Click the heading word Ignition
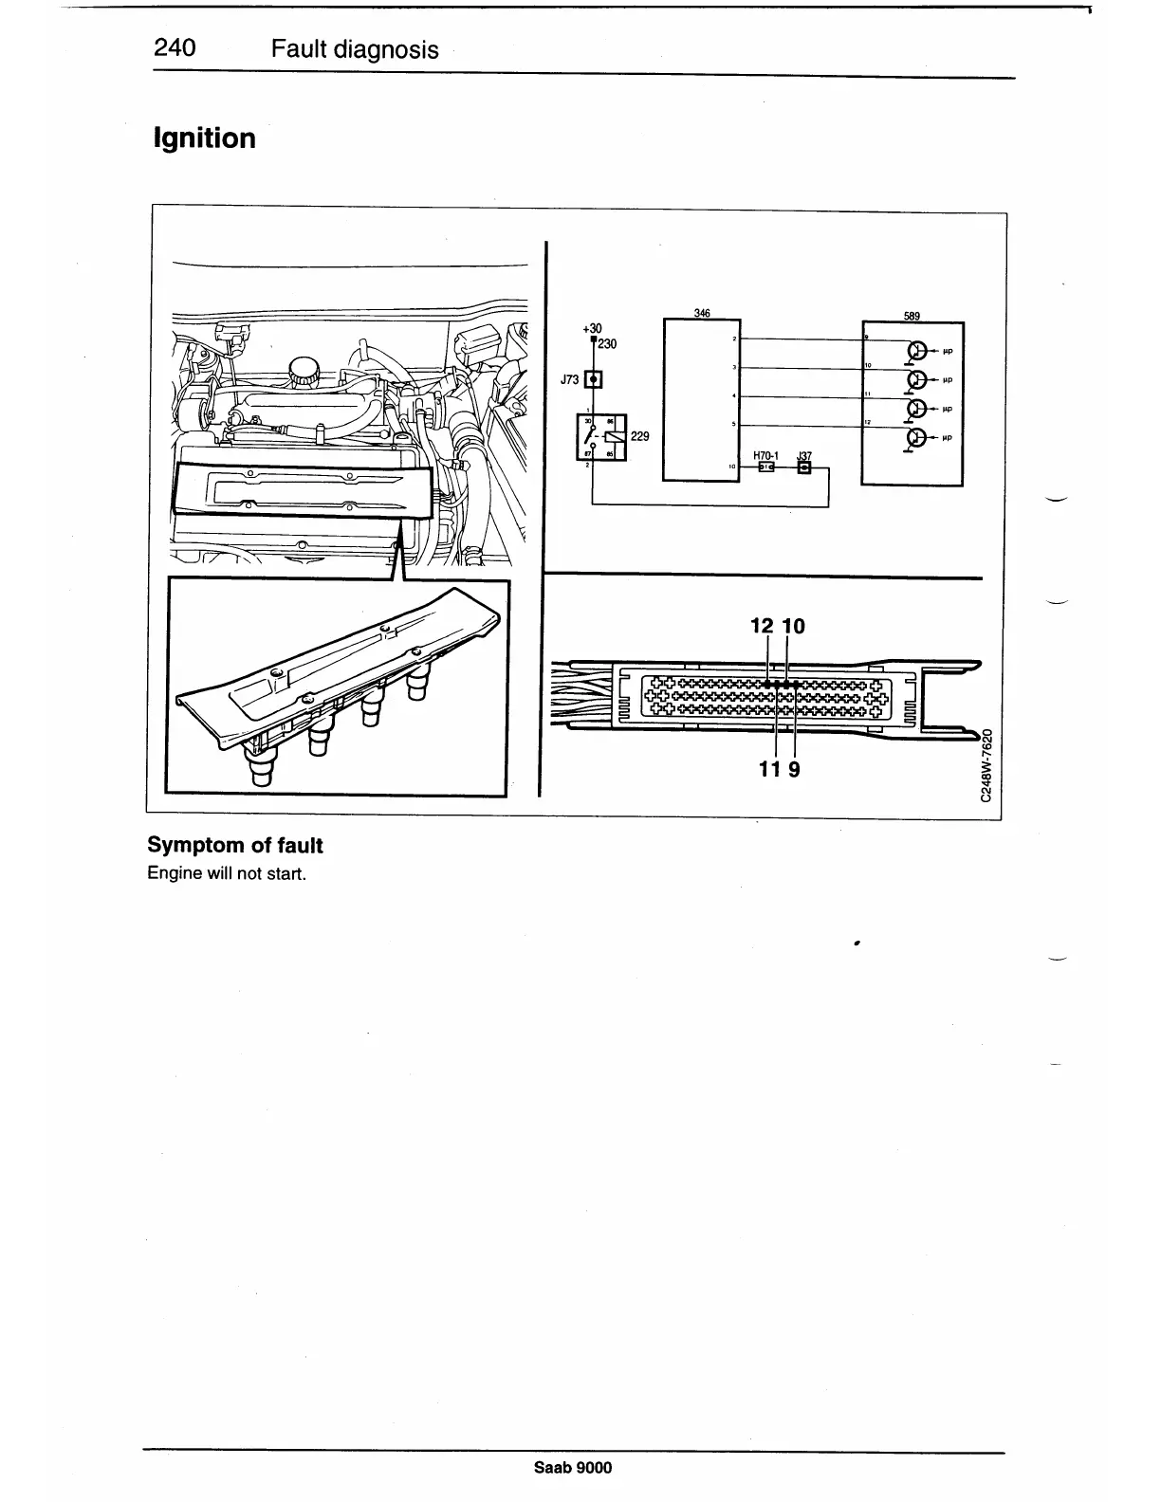point(204,138)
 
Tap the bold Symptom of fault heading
point(234,845)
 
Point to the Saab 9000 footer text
point(573,1468)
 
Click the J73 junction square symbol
point(593,380)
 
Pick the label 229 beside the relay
point(639,436)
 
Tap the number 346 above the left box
point(702,314)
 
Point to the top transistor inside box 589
point(916,351)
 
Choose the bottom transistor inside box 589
point(916,438)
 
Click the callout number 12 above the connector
point(762,626)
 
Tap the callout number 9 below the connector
point(794,769)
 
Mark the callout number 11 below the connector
point(770,769)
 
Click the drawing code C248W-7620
point(986,764)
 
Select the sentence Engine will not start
point(226,873)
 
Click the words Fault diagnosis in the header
point(355,49)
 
